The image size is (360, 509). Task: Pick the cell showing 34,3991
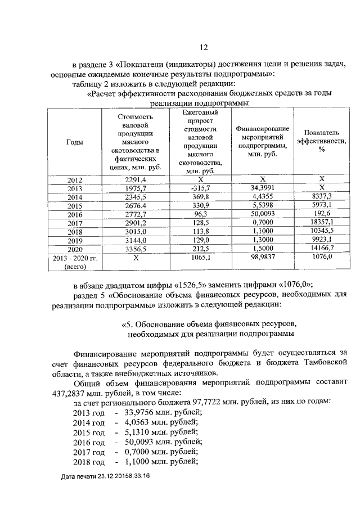point(263,188)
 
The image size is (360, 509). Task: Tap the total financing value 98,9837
point(263,258)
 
